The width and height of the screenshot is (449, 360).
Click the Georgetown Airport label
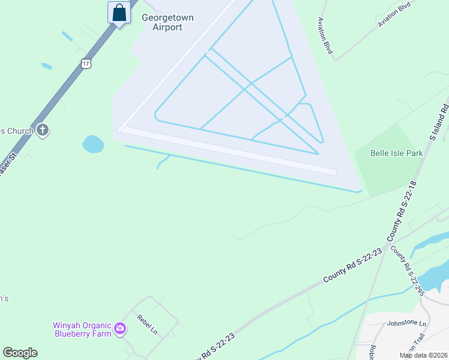point(167,22)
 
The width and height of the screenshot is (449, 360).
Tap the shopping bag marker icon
point(119,12)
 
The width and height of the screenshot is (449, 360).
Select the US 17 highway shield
point(86,64)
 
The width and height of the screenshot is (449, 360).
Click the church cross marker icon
point(42,130)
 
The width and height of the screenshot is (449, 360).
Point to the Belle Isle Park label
point(396,153)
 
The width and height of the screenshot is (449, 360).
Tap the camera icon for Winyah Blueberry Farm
point(120,328)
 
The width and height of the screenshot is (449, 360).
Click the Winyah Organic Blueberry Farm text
point(83,329)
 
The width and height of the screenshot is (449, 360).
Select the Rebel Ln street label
point(146,325)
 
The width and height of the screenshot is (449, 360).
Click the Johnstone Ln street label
point(406,323)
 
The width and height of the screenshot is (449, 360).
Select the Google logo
point(20,353)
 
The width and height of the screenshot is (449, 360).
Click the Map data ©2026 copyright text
point(423,355)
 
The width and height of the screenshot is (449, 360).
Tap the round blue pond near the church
point(93,144)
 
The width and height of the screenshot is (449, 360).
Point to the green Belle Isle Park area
point(384,168)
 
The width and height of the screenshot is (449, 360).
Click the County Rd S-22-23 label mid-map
point(352,266)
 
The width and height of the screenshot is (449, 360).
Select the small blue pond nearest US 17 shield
point(46,66)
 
